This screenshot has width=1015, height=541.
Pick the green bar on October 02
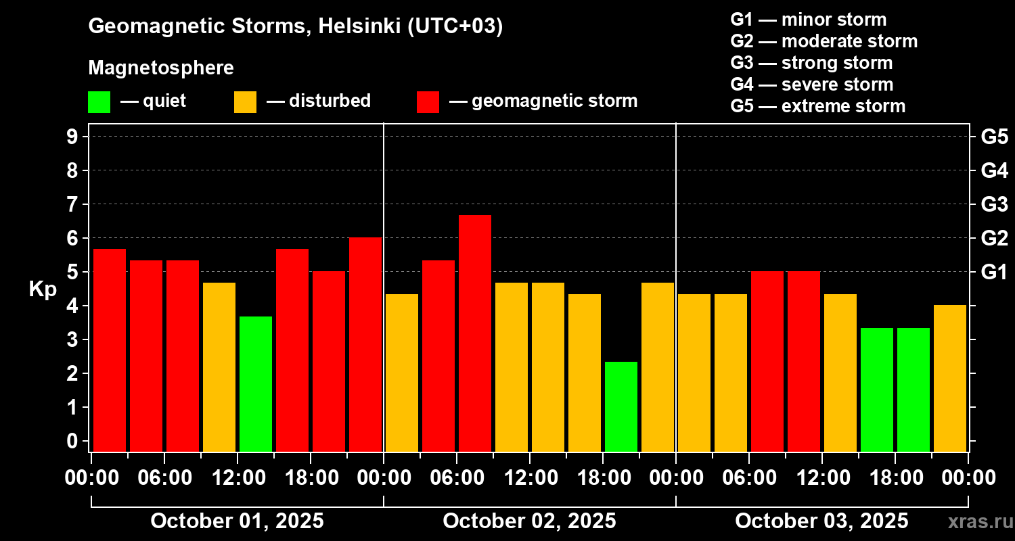click(621, 406)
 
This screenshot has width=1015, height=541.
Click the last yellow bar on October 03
click(950, 378)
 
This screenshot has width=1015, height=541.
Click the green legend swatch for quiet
click(99, 102)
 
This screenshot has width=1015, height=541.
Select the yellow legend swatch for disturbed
click(245, 102)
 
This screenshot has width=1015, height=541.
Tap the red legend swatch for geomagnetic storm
click(428, 102)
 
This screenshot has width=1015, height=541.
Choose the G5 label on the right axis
click(994, 137)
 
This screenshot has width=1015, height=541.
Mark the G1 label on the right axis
click(994, 272)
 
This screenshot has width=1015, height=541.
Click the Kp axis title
click(42, 289)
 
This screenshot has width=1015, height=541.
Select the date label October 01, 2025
click(237, 521)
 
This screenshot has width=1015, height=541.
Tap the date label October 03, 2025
click(821, 521)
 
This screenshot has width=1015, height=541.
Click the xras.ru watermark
click(975, 521)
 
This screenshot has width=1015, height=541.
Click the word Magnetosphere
click(161, 68)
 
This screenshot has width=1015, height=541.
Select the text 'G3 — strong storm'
click(811, 63)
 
